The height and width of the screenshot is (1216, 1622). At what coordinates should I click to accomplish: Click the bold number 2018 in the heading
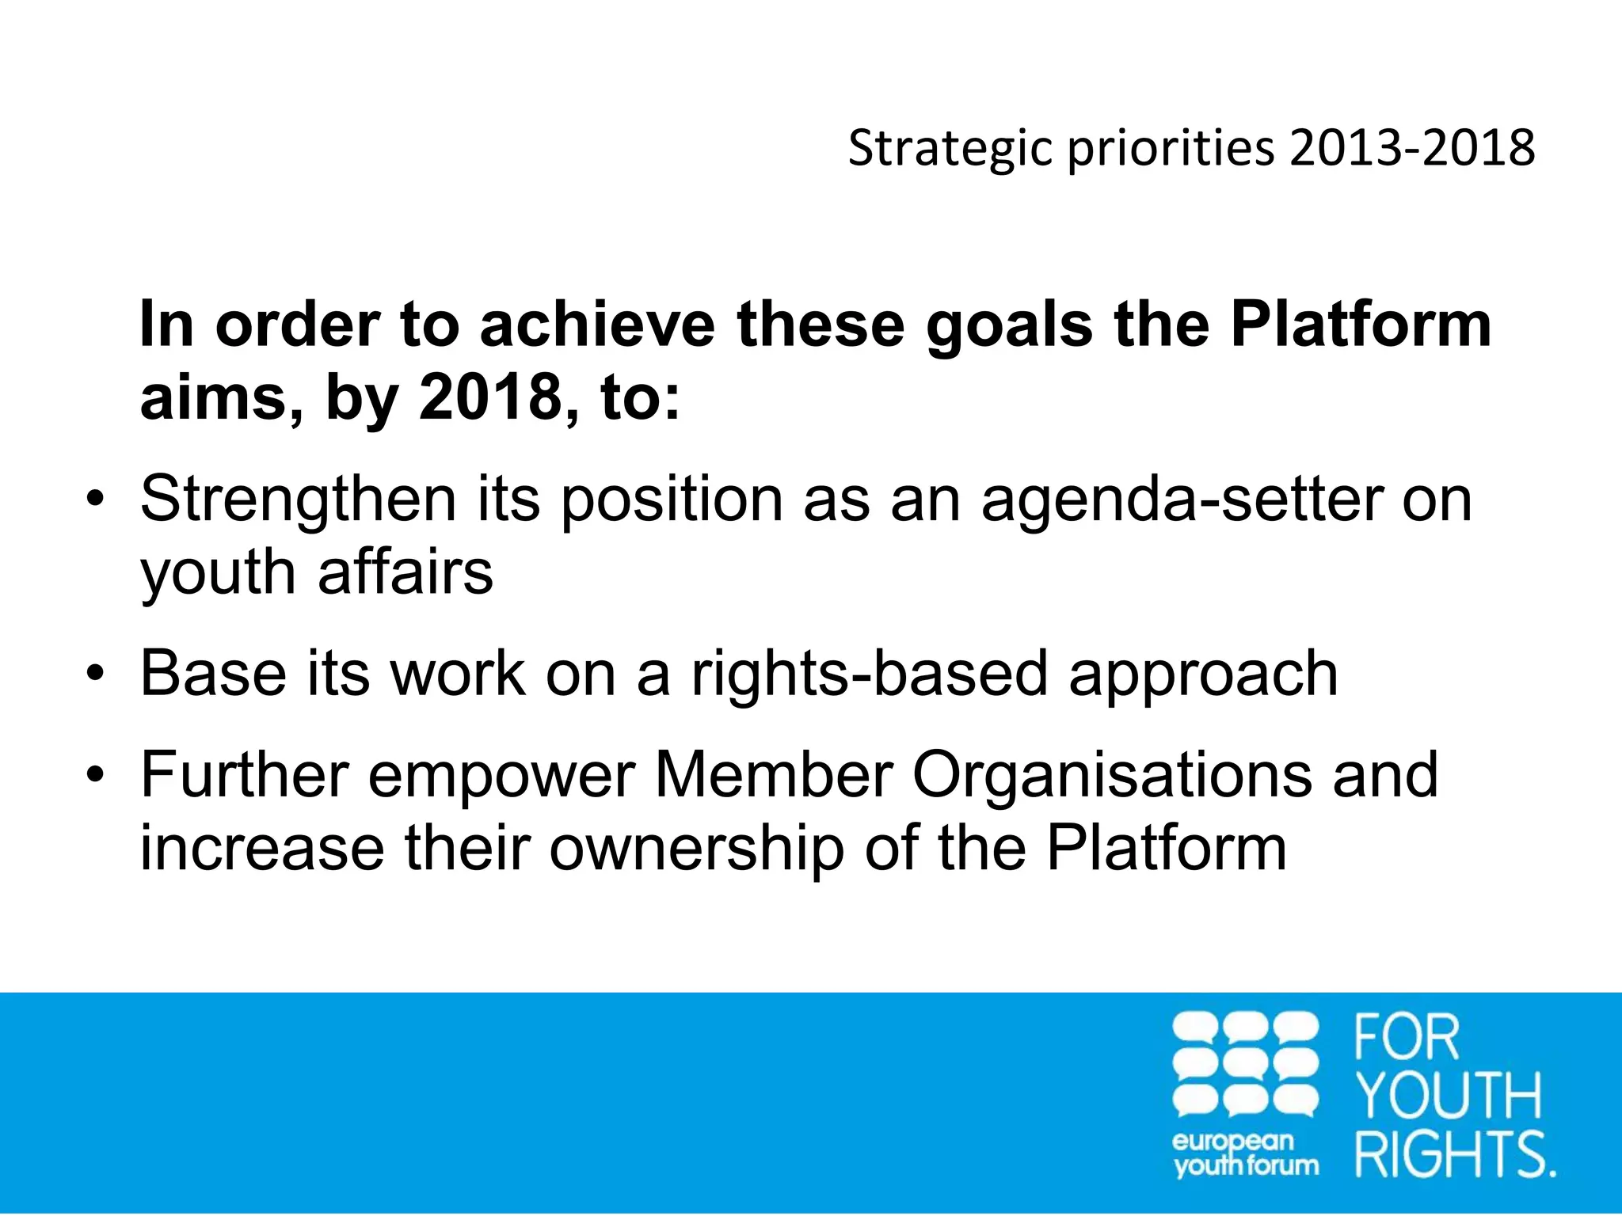coord(489,397)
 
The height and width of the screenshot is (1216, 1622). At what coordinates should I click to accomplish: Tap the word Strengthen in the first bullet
coord(299,500)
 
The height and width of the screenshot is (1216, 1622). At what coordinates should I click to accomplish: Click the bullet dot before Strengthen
coord(95,500)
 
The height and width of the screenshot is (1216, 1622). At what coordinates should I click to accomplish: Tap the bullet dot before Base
coord(95,674)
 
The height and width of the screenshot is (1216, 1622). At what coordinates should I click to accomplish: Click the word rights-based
coord(869,674)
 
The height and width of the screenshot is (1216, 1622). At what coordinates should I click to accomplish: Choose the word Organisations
coord(1111,776)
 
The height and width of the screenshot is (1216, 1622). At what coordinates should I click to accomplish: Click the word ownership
coord(697,849)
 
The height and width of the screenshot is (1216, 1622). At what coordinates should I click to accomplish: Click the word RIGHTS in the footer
coord(1453,1154)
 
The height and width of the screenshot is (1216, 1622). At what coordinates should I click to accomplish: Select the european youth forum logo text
coord(1245,1154)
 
